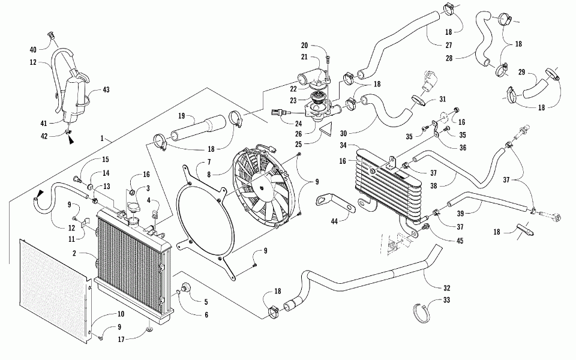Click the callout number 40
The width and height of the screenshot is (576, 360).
pos(33,50)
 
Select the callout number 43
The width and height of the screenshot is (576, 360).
pos(106,89)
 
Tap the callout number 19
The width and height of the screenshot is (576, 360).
pos(181,116)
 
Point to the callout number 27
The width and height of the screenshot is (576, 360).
pos(449,45)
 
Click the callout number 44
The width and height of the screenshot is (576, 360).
pos(334,221)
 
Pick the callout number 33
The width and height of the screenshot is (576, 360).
pos(446,300)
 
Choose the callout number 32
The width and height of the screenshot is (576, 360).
pos(446,288)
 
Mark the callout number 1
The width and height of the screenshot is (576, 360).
pos(102,139)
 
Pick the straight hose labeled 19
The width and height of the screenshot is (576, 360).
pos(199,127)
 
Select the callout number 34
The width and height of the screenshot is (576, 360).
pos(343,145)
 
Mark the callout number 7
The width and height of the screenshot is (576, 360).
pos(209,162)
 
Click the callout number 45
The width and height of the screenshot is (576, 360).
pos(460,241)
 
